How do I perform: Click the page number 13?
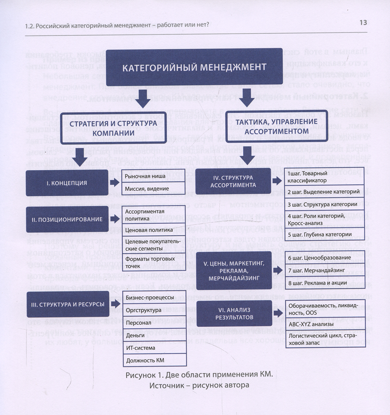(363, 23)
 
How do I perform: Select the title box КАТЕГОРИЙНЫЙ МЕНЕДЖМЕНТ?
(194, 67)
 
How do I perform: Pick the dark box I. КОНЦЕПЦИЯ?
(67, 183)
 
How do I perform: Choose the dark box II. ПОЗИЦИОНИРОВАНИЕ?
(67, 219)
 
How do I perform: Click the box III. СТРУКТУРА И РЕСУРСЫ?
(68, 304)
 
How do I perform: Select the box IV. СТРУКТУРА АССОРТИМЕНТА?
(233, 181)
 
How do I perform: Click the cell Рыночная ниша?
(149, 176)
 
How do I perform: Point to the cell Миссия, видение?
(149, 189)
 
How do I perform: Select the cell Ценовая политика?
(149, 230)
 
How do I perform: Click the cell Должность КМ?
(149, 360)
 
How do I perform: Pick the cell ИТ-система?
(149, 347)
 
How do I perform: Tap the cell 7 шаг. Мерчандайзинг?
(325, 270)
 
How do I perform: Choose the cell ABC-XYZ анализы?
(325, 324)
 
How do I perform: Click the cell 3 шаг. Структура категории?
(325, 204)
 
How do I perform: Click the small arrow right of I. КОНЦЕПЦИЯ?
(115, 183)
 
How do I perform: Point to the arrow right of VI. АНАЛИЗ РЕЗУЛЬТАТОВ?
(278, 313)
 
